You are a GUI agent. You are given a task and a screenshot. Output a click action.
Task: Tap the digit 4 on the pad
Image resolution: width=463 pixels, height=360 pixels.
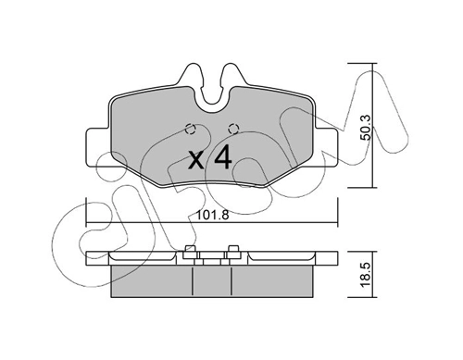click(x=222, y=158)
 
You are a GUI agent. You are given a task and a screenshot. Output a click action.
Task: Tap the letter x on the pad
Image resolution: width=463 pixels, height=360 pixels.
click(x=196, y=160)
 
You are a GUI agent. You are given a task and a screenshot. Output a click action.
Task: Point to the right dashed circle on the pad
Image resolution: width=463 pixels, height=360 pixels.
click(x=231, y=130)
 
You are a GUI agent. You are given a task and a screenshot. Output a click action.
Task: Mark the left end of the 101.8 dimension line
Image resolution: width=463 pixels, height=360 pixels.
click(x=86, y=223)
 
